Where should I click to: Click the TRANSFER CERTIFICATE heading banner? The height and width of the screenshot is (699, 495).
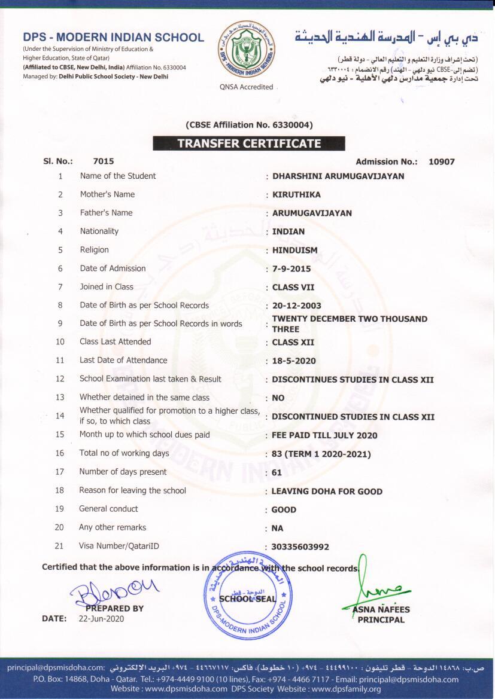pos(248,144)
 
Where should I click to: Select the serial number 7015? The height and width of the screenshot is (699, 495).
pos(104,161)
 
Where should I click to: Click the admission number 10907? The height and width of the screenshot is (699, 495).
pos(442,161)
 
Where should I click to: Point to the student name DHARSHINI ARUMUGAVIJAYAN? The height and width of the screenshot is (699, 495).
pos(338,176)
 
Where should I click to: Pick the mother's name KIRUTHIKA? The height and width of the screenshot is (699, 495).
pos(296,194)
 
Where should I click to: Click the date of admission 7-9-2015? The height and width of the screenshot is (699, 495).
pos(291,269)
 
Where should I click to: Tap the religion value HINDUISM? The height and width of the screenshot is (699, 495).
pos(294,250)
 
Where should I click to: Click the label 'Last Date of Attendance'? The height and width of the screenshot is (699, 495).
pos(123,360)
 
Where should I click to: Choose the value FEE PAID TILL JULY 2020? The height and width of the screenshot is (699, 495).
pos(324,435)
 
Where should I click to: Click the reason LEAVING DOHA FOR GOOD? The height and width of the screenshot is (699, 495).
pos(327,492)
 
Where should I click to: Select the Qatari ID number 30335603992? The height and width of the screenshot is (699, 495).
pos(300,547)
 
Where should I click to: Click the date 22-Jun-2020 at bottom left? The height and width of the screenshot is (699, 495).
pos(101,619)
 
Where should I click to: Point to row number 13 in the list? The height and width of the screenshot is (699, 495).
pos(60,397)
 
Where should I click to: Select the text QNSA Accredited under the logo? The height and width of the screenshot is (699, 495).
pos(246,87)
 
